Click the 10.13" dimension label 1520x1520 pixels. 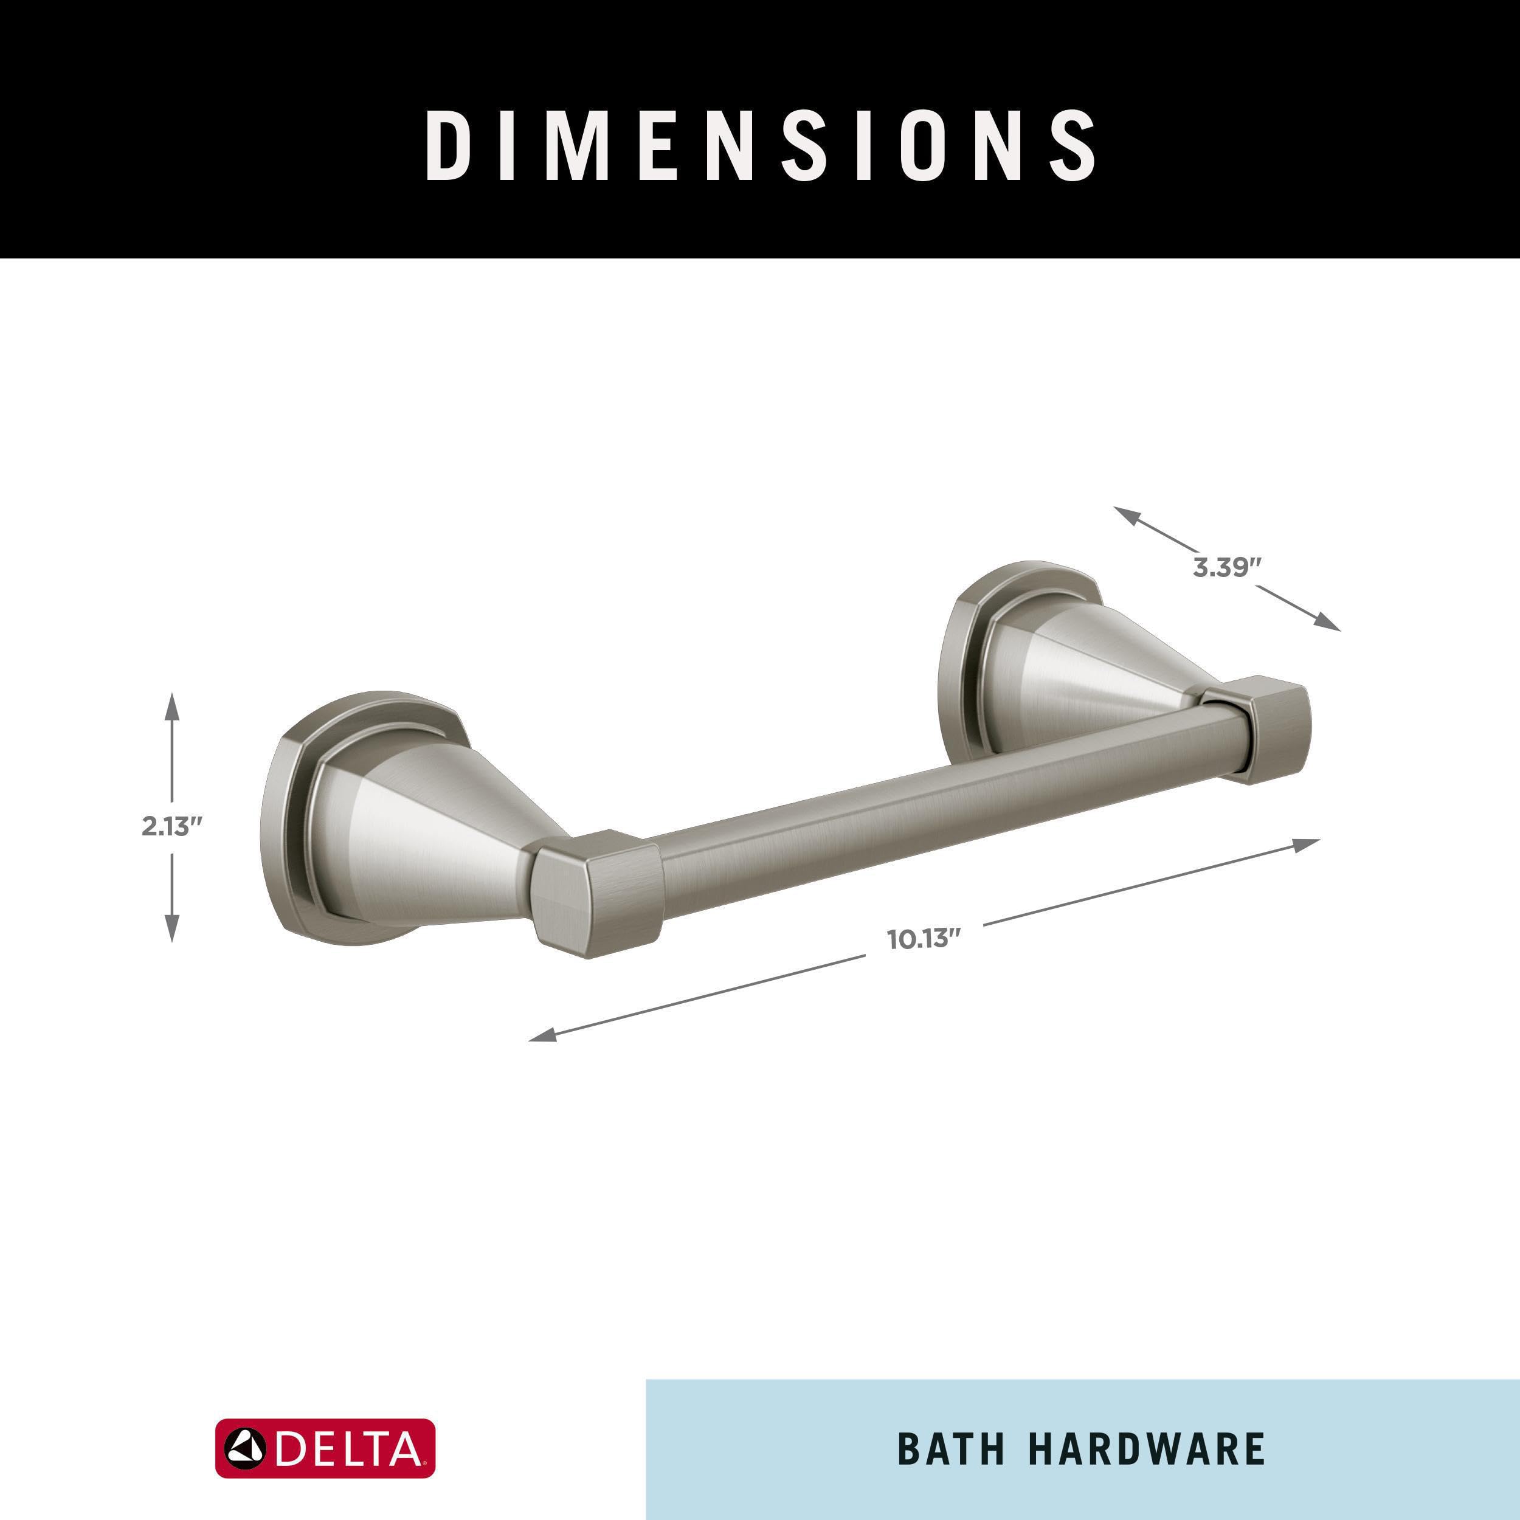coord(924,939)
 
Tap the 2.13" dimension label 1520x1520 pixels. coord(172,827)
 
